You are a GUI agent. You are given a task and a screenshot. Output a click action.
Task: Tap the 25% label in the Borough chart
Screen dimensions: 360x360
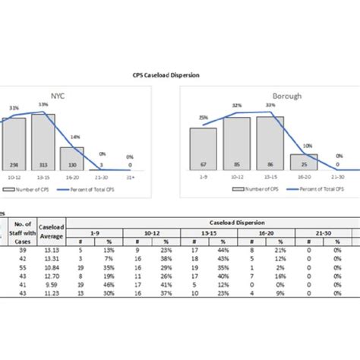pos(204,118)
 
